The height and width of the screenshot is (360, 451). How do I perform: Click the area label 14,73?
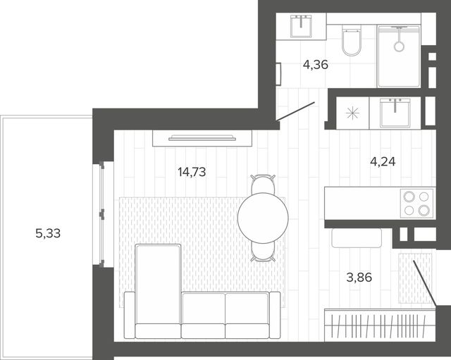(x=192, y=172)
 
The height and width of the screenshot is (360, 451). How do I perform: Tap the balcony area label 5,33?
(x=48, y=233)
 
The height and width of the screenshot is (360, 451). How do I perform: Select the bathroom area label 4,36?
(x=316, y=65)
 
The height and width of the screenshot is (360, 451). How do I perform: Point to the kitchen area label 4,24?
(x=383, y=162)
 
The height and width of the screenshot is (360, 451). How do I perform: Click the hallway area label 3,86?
(x=359, y=278)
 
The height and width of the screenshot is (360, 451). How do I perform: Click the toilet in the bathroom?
(x=352, y=40)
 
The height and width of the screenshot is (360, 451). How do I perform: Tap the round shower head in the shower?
(x=399, y=46)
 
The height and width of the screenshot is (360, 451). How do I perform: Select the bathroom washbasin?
(x=301, y=27)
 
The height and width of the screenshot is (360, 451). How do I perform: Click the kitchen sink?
(x=395, y=113)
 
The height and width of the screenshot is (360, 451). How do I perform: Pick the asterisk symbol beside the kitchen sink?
(x=352, y=113)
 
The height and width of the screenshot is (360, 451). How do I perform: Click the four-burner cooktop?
(x=416, y=204)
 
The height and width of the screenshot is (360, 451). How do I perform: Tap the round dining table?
(x=263, y=218)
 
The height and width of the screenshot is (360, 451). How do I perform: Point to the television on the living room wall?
(x=202, y=138)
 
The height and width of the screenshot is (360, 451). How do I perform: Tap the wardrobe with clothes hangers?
(x=380, y=325)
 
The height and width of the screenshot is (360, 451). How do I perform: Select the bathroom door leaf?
(x=295, y=111)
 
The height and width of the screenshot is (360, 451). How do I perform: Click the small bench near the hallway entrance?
(x=357, y=238)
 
